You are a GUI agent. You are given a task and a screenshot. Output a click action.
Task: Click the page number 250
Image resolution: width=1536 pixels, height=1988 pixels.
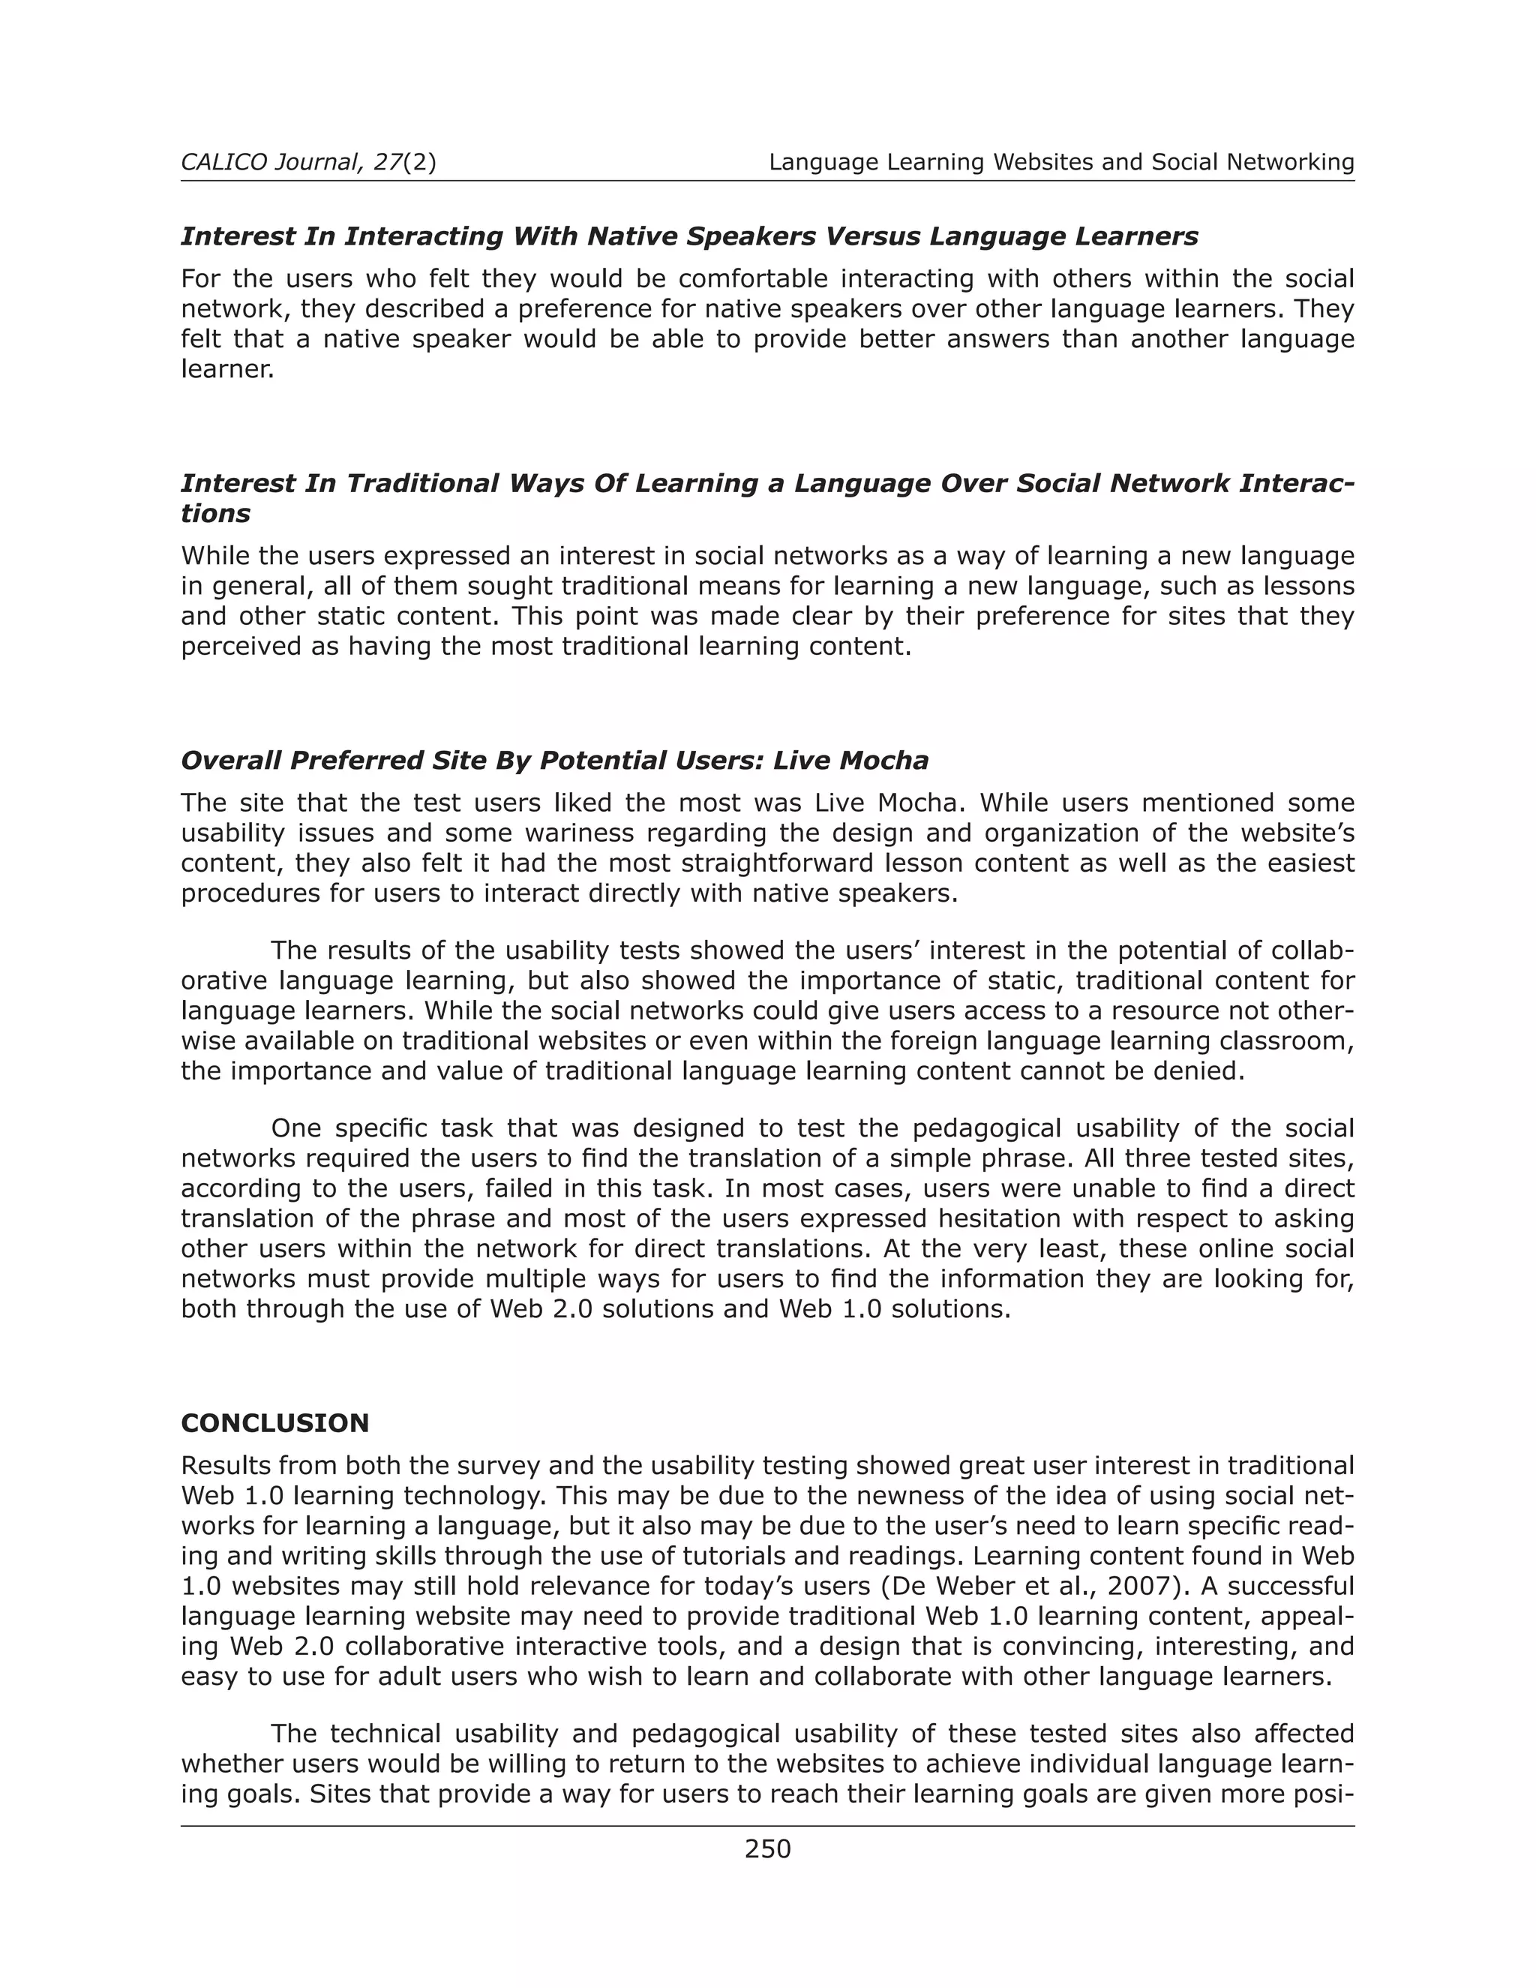coord(767,1848)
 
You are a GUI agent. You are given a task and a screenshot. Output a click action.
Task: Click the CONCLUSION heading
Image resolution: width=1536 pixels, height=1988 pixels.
coord(274,1422)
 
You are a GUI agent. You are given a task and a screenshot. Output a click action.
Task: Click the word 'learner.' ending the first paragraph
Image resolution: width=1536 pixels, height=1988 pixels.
coord(227,370)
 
